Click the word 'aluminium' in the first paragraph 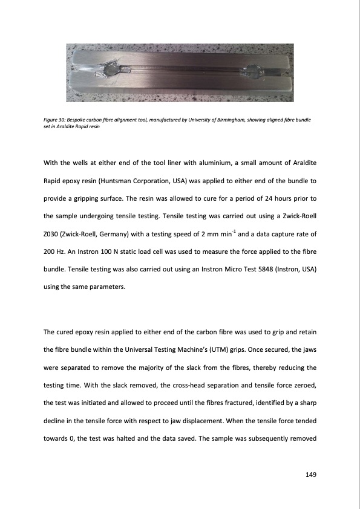215,164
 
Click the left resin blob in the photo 110,72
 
